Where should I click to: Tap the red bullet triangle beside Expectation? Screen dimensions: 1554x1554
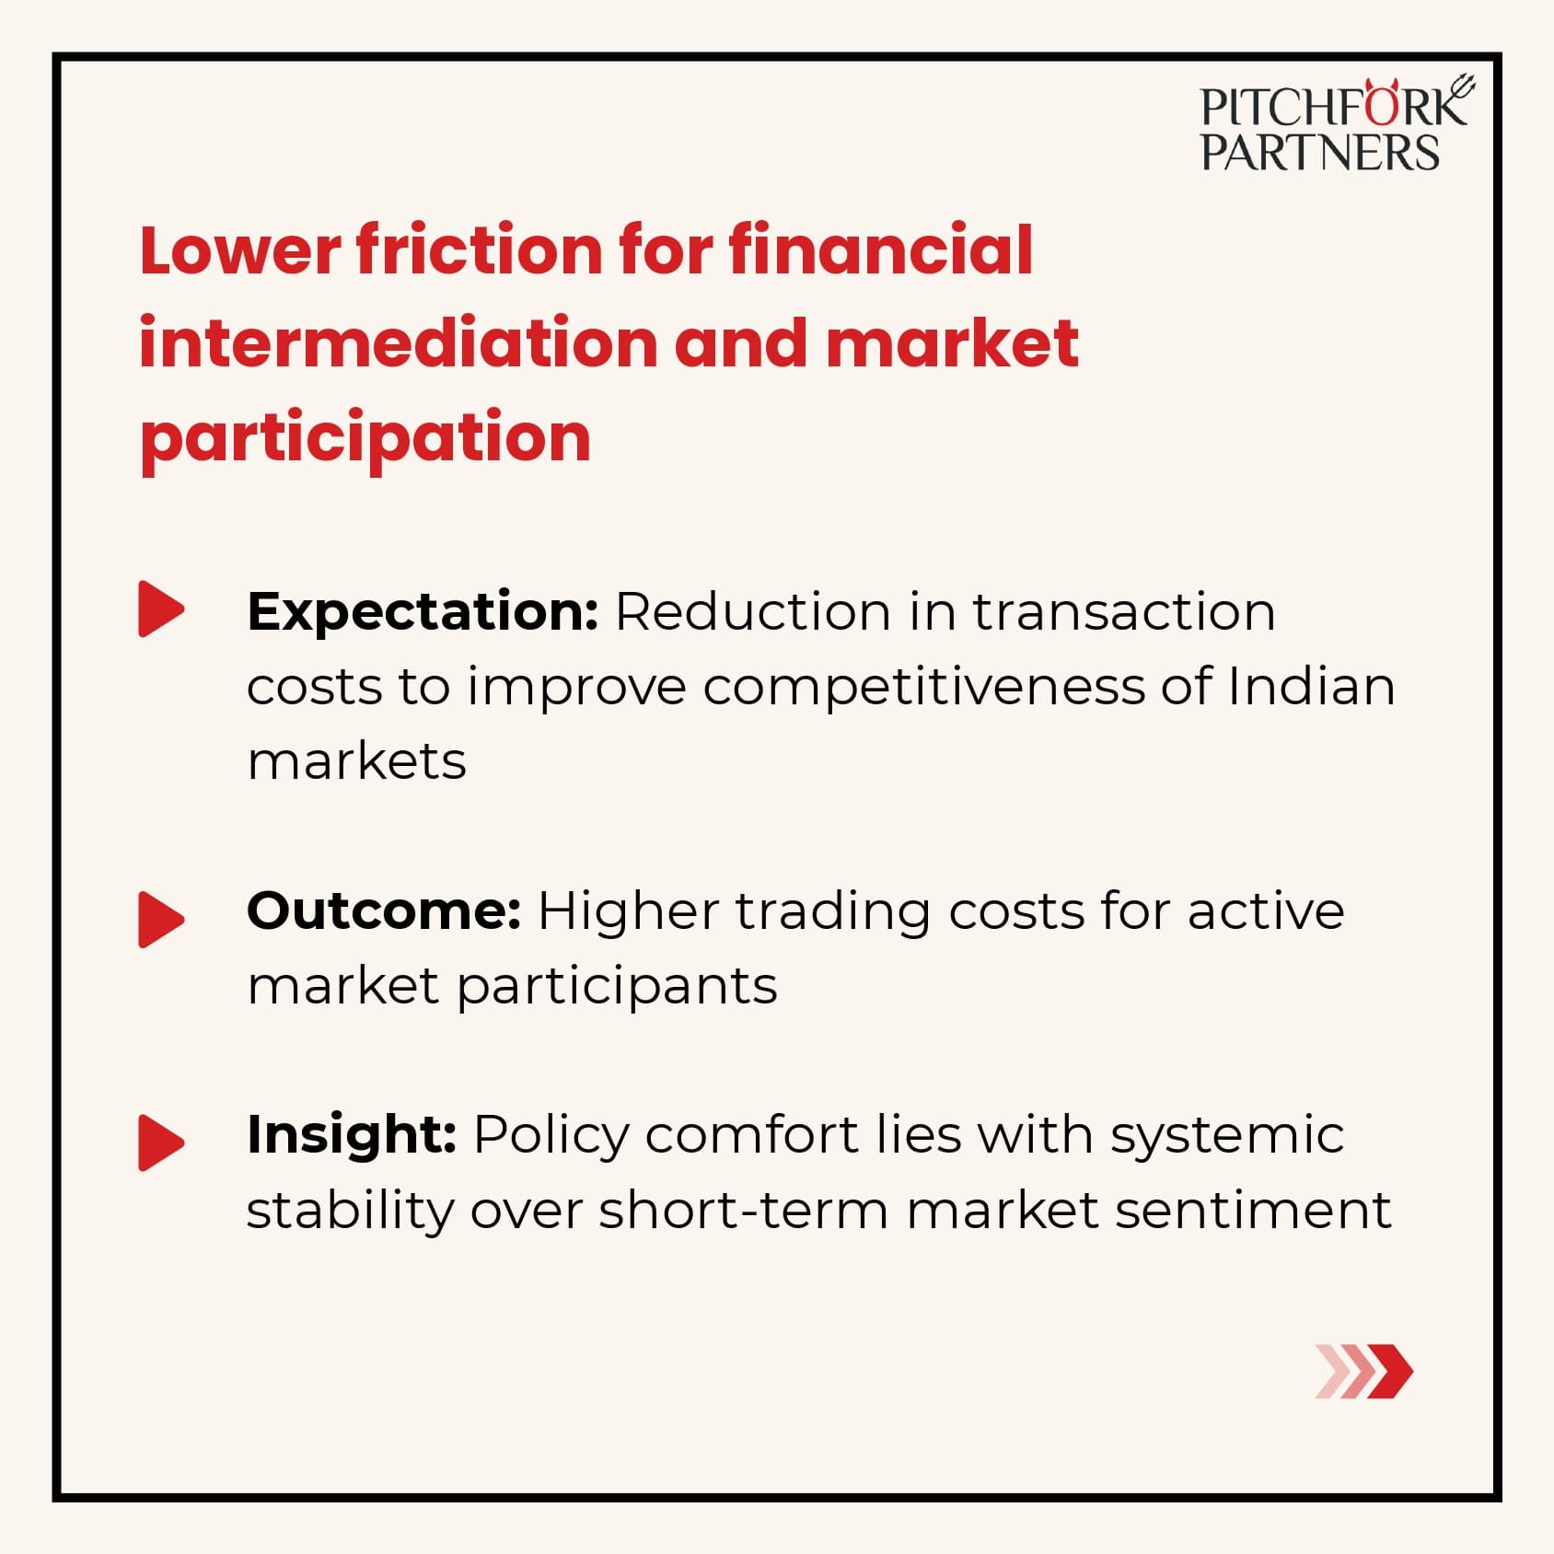(x=161, y=609)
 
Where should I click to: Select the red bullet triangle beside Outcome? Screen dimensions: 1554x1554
(x=161, y=919)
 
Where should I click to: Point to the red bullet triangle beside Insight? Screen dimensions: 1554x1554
(x=161, y=1142)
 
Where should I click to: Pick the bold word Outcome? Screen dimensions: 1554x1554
(x=384, y=910)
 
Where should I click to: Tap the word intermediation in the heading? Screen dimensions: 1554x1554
(x=398, y=342)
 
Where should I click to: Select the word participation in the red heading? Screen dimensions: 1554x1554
(x=365, y=439)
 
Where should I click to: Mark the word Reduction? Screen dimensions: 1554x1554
(x=753, y=612)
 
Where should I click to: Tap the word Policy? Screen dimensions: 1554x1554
(x=551, y=1136)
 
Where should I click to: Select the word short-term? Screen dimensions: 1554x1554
(x=744, y=1210)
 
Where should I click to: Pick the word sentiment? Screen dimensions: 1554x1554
(x=1253, y=1210)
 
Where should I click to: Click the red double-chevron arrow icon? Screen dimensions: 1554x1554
(x=1363, y=1371)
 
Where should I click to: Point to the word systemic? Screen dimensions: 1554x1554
(x=1227, y=1136)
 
